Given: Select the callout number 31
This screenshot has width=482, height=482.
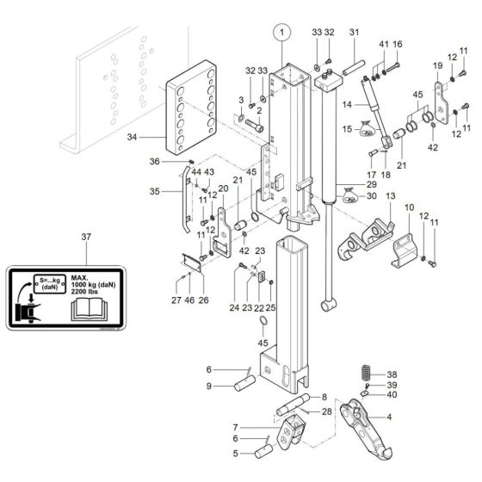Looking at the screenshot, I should [x=353, y=33].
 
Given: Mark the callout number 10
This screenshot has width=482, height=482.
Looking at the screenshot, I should [x=409, y=207].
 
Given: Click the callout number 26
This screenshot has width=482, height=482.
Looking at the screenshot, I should [x=203, y=300].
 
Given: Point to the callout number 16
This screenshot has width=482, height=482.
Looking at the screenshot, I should [x=397, y=43].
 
